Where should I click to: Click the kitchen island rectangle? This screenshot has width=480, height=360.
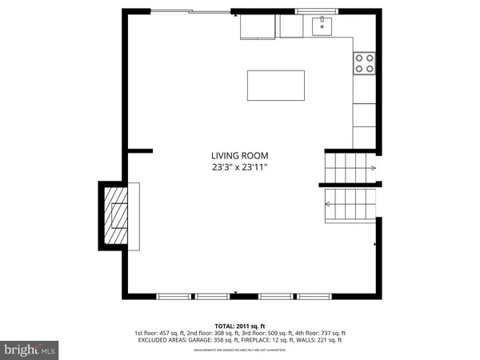click(276, 86)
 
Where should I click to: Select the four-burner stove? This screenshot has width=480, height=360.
click(364, 63)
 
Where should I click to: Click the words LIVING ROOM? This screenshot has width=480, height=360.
click(239, 156)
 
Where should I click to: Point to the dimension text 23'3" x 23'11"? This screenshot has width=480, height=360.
click(239, 168)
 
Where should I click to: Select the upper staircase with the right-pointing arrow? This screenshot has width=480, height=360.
click(349, 168)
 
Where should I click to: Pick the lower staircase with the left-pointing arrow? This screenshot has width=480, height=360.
click(349, 205)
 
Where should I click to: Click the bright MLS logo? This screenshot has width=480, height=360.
click(30, 350)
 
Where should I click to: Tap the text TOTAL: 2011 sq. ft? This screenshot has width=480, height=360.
click(239, 326)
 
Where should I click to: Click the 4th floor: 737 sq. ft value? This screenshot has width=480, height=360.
click(318, 333)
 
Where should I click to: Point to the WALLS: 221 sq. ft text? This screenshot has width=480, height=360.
click(319, 340)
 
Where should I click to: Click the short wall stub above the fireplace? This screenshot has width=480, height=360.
click(140, 150)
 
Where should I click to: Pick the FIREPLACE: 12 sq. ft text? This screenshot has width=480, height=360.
click(266, 340)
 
